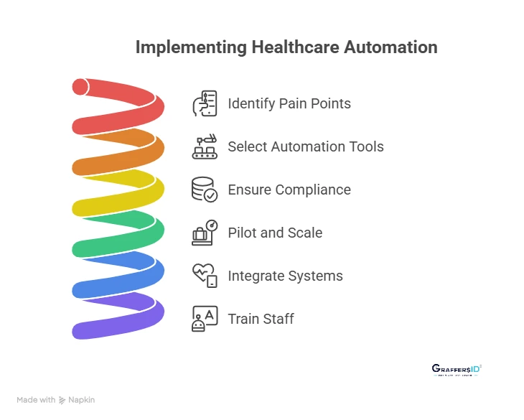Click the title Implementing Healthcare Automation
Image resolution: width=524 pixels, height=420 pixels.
pyautogui.click(x=286, y=48)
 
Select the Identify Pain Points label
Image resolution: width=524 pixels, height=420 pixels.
pyautogui.click(x=289, y=103)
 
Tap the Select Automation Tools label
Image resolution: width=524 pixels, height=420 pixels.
pyautogui.click(x=306, y=146)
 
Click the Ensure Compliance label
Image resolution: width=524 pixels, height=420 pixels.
pyautogui.click(x=289, y=190)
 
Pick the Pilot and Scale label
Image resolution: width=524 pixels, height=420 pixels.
pyautogui.click(x=275, y=233)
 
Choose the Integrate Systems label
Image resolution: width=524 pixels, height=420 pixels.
pyautogui.click(x=285, y=276)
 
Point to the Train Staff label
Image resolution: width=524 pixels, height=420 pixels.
pyautogui.click(x=261, y=319)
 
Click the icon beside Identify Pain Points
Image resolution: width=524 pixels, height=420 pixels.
pyautogui.click(x=205, y=103)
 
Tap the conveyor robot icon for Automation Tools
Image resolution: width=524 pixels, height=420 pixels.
pyautogui.click(x=205, y=146)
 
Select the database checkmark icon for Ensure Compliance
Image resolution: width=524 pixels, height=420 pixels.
pyautogui.click(x=205, y=190)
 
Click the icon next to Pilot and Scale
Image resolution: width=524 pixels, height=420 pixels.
pyautogui.click(x=205, y=233)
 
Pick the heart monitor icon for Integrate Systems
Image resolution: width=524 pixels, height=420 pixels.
pyautogui.click(x=205, y=276)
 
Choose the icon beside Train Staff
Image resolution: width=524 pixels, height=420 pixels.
pyautogui.click(x=205, y=319)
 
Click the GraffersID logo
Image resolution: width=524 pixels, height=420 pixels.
pyautogui.click(x=457, y=370)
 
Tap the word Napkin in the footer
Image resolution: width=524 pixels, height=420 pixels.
pyautogui.click(x=81, y=400)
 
